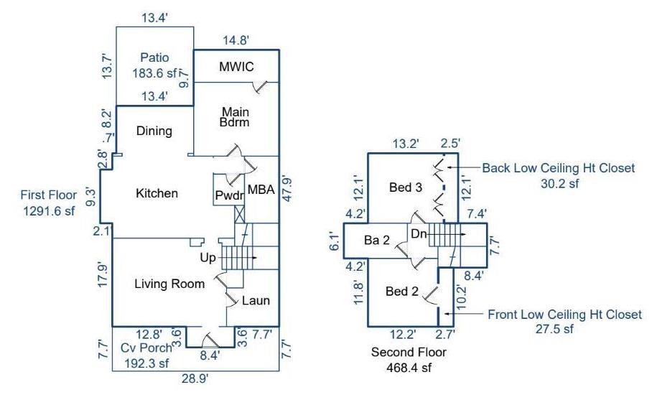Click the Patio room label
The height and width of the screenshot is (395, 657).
pos(154,57)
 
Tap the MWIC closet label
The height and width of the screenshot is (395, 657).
pos(236,67)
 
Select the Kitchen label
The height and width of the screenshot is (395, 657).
pos(157,193)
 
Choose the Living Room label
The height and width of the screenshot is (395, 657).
pos(169,284)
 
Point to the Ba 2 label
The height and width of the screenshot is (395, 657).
pos(376,241)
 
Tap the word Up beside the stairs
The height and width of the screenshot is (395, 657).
pos(208,256)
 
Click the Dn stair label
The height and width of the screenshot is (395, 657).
pos(419,233)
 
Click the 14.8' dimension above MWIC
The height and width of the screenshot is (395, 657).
pos(238,40)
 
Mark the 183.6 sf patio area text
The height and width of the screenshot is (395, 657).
pos(154,73)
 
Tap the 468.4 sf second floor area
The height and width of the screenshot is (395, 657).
pos(409,367)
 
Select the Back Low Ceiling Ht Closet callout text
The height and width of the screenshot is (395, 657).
pos(559,168)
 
